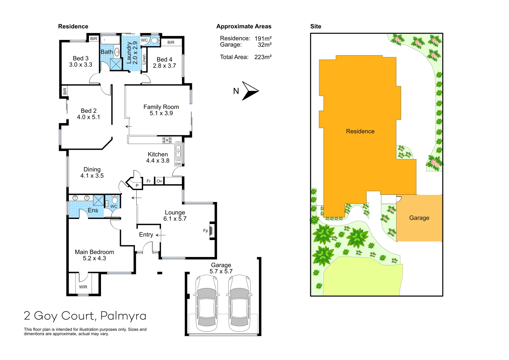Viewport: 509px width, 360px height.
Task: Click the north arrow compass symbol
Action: [x=250, y=91]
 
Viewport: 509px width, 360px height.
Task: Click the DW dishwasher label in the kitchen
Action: [x=178, y=164]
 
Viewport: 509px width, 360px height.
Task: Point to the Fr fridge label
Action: [x=149, y=181]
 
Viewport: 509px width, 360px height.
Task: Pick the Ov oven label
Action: [x=159, y=181]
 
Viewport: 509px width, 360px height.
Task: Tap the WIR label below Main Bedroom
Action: [x=83, y=287]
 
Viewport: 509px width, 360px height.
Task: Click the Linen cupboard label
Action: [x=144, y=60]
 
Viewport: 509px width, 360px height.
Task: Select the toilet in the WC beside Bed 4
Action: [x=154, y=41]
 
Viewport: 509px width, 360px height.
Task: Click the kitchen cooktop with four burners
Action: [x=167, y=140]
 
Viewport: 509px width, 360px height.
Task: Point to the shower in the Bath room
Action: [x=116, y=64]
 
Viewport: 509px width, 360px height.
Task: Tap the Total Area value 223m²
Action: [x=263, y=57]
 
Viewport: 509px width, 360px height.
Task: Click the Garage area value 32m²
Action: [x=264, y=45]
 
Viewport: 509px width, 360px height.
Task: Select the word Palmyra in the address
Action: [x=123, y=316]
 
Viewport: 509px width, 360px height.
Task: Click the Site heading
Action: [x=316, y=26]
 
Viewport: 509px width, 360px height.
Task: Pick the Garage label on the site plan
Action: [x=419, y=218]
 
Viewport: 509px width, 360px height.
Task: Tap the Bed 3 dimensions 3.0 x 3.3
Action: [x=81, y=65]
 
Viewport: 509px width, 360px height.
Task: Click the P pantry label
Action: [x=137, y=185]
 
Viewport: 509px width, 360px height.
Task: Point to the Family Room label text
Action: [x=161, y=107]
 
